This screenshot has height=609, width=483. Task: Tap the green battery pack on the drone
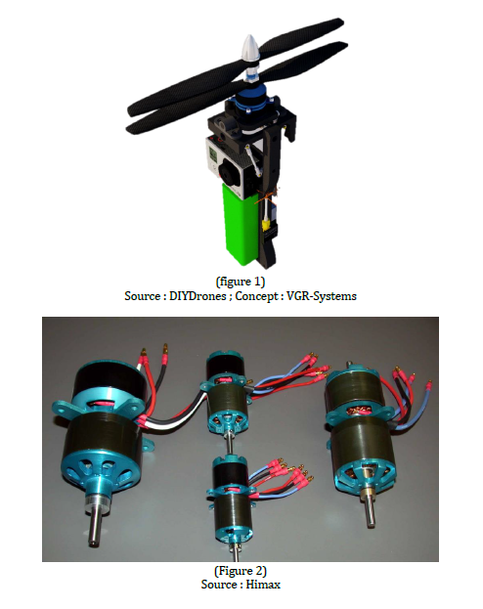pos(240,225)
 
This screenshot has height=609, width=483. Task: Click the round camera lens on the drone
pos(227,171)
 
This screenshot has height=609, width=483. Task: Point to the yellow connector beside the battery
pos(266,225)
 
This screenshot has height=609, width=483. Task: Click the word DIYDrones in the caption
pos(198,296)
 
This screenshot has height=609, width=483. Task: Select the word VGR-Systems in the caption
pos(322,296)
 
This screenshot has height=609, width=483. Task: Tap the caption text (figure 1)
pos(241,282)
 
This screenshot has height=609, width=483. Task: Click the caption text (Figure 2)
pos(241,571)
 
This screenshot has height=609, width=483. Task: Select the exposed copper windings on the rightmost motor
pos(356,413)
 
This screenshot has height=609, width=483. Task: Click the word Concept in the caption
pos(256,296)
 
